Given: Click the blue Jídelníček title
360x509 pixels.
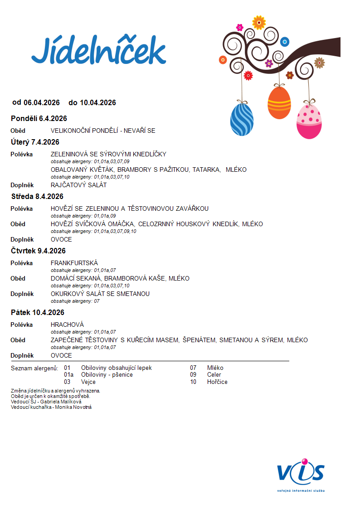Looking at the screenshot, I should (x=98, y=51).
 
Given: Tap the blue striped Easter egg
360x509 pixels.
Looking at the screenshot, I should (x=242, y=120).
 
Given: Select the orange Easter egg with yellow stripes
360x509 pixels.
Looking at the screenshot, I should (x=279, y=103).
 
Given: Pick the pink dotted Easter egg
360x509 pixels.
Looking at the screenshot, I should (x=309, y=121).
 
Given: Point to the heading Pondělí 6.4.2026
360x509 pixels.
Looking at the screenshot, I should (x=39, y=119).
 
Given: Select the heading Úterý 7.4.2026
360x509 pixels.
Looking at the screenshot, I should (x=35, y=142).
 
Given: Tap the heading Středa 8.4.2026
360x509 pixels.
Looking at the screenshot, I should (x=37, y=197).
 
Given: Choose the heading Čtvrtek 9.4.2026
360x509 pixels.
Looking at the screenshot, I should (x=38, y=251).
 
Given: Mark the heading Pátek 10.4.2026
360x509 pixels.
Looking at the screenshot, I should (x=37, y=313).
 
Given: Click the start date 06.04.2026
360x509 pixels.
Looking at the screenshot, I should (x=42, y=103).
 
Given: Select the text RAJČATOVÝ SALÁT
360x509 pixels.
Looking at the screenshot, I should (x=78, y=185).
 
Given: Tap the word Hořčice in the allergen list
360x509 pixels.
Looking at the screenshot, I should (x=217, y=382).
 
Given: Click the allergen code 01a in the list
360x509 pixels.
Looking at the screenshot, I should (x=68, y=375).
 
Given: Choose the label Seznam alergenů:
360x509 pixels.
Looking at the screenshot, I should (x=34, y=368).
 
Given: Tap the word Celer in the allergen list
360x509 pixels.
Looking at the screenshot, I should (x=214, y=375).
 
